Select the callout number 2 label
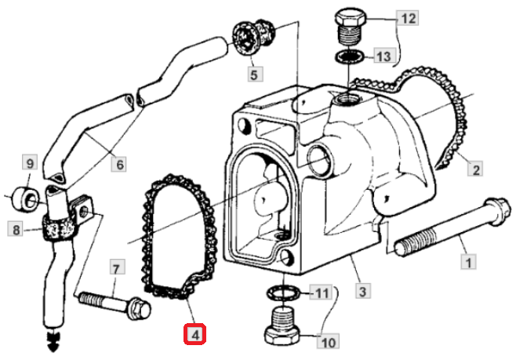474,167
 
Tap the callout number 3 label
362,293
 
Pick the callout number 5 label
253,75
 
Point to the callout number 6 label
120,165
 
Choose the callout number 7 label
116,268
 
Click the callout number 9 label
30,164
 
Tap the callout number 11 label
322,294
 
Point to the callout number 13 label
382,56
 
